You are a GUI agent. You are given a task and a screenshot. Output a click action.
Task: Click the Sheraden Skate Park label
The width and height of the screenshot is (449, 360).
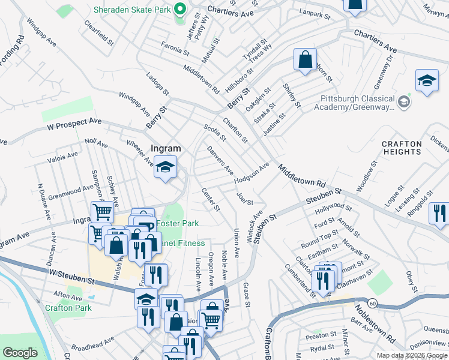(x=131, y=10)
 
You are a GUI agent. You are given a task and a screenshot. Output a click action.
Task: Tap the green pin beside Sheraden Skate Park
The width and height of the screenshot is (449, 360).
(x=179, y=10)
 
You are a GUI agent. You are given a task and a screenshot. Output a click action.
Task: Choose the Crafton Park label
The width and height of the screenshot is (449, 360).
(x=68, y=308)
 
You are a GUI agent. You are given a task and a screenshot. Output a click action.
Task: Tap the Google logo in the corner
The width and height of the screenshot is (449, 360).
(x=20, y=353)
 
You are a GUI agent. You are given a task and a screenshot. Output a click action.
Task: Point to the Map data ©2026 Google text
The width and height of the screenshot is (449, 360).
(x=412, y=355)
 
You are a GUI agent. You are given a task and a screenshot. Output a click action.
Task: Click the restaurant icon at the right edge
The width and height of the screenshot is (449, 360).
(x=439, y=214)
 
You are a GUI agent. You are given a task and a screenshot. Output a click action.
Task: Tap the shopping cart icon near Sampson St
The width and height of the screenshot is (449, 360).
(x=102, y=212)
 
